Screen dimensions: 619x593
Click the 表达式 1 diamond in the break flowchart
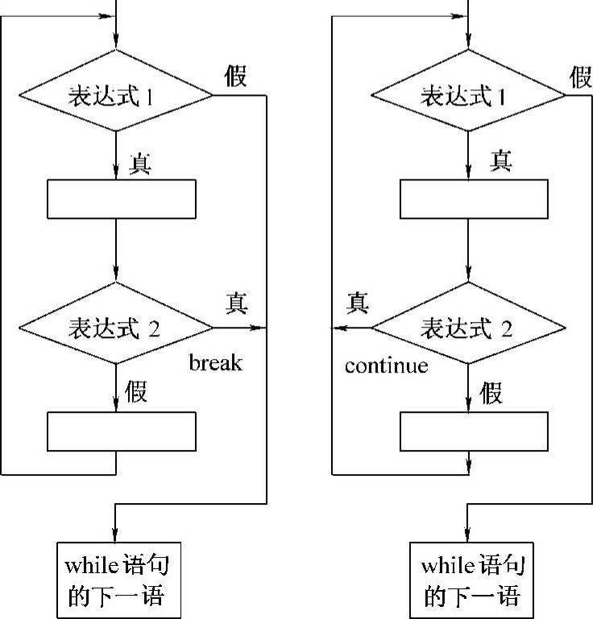tap(117, 96)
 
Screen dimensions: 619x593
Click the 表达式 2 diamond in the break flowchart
tap(117, 328)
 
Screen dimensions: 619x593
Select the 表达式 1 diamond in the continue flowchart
tap(468, 96)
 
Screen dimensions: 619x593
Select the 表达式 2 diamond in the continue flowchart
tap(468, 328)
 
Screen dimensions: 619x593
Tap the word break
tap(215, 363)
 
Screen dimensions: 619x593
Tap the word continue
tap(386, 366)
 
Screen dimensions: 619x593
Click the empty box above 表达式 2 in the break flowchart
tap(122, 199)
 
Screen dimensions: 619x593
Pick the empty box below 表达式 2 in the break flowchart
tap(122, 431)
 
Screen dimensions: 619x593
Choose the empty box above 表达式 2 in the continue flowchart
tap(473, 199)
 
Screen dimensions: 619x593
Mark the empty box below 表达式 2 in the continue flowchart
tap(473, 431)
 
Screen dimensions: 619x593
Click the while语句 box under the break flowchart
tap(117, 580)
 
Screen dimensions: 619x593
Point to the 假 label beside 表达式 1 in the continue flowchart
tap(581, 77)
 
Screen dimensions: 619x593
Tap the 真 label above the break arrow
tap(236, 303)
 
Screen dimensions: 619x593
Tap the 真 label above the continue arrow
tap(358, 303)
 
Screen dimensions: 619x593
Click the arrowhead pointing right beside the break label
tap(259, 328)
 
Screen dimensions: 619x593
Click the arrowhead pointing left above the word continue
tap(338, 328)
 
